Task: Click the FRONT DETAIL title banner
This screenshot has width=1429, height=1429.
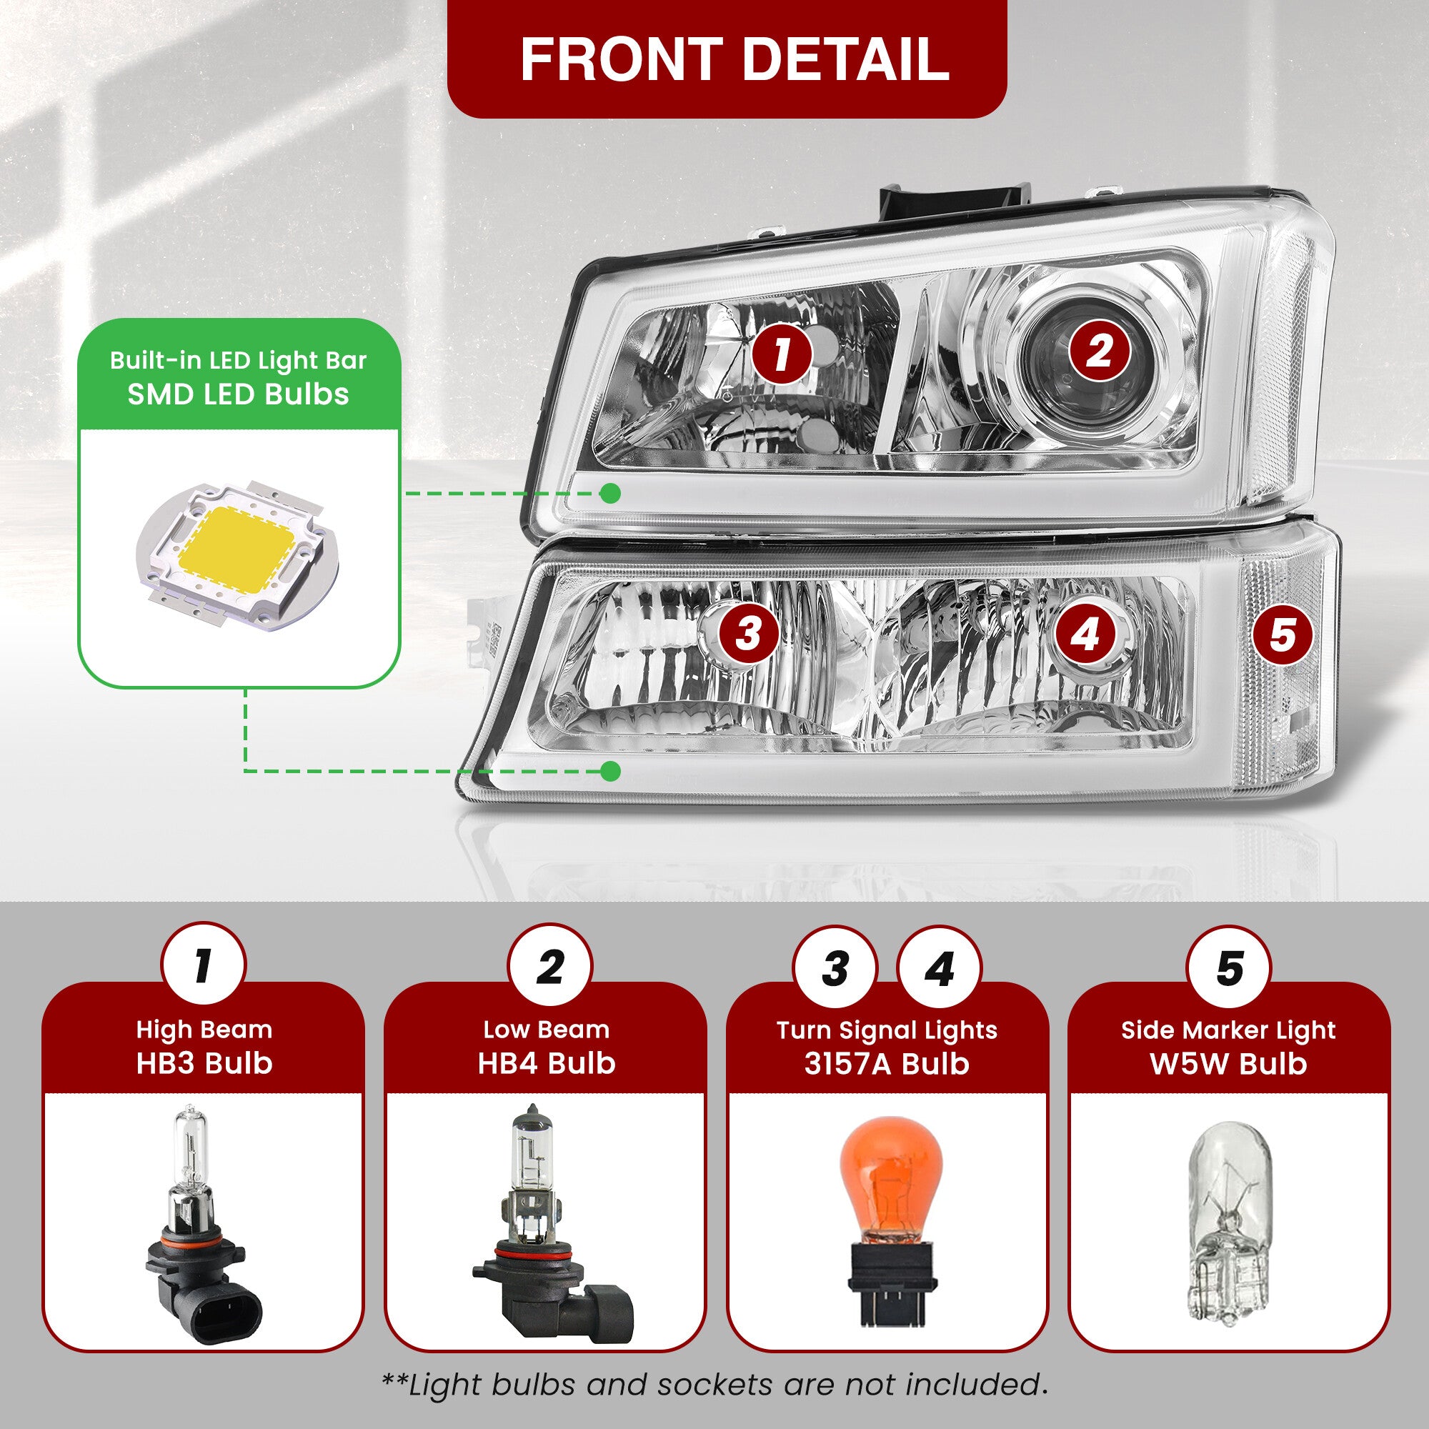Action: click(x=727, y=59)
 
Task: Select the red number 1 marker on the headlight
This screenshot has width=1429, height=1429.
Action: click(x=782, y=354)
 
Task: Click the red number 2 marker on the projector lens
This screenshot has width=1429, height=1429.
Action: click(x=1100, y=350)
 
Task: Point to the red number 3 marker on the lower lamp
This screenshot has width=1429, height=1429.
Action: click(x=749, y=634)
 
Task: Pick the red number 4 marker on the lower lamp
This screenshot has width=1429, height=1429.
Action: click(x=1086, y=634)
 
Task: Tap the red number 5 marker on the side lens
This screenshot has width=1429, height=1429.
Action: click(x=1282, y=635)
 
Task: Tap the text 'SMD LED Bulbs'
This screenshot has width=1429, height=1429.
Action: click(x=238, y=394)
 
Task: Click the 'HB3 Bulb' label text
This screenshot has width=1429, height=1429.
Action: click(x=205, y=1063)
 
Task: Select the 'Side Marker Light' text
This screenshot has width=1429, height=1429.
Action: click(x=1228, y=1030)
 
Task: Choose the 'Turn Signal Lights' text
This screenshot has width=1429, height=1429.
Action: click(x=887, y=1030)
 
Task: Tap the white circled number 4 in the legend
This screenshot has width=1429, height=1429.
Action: click(x=940, y=968)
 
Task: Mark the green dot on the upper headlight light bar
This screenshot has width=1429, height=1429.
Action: click(x=610, y=493)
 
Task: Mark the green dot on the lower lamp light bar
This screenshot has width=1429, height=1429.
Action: click(x=610, y=772)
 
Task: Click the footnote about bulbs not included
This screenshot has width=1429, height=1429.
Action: click(x=714, y=1384)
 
